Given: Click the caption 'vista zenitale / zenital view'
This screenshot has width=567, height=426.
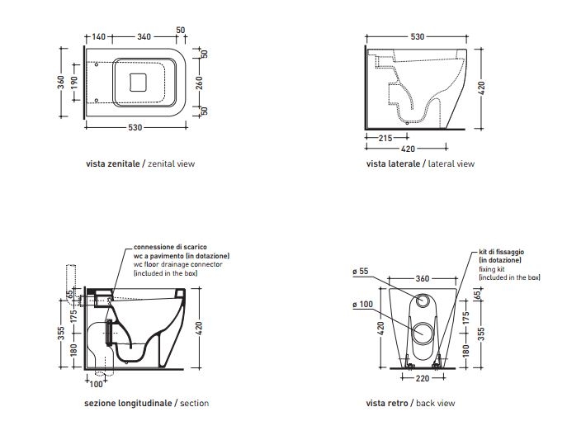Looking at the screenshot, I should [139, 163].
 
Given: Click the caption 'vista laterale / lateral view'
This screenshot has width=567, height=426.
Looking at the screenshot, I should [420, 163].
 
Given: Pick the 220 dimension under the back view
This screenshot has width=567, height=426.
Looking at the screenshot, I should [421, 380].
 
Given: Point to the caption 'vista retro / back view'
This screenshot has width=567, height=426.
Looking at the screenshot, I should [410, 404].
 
